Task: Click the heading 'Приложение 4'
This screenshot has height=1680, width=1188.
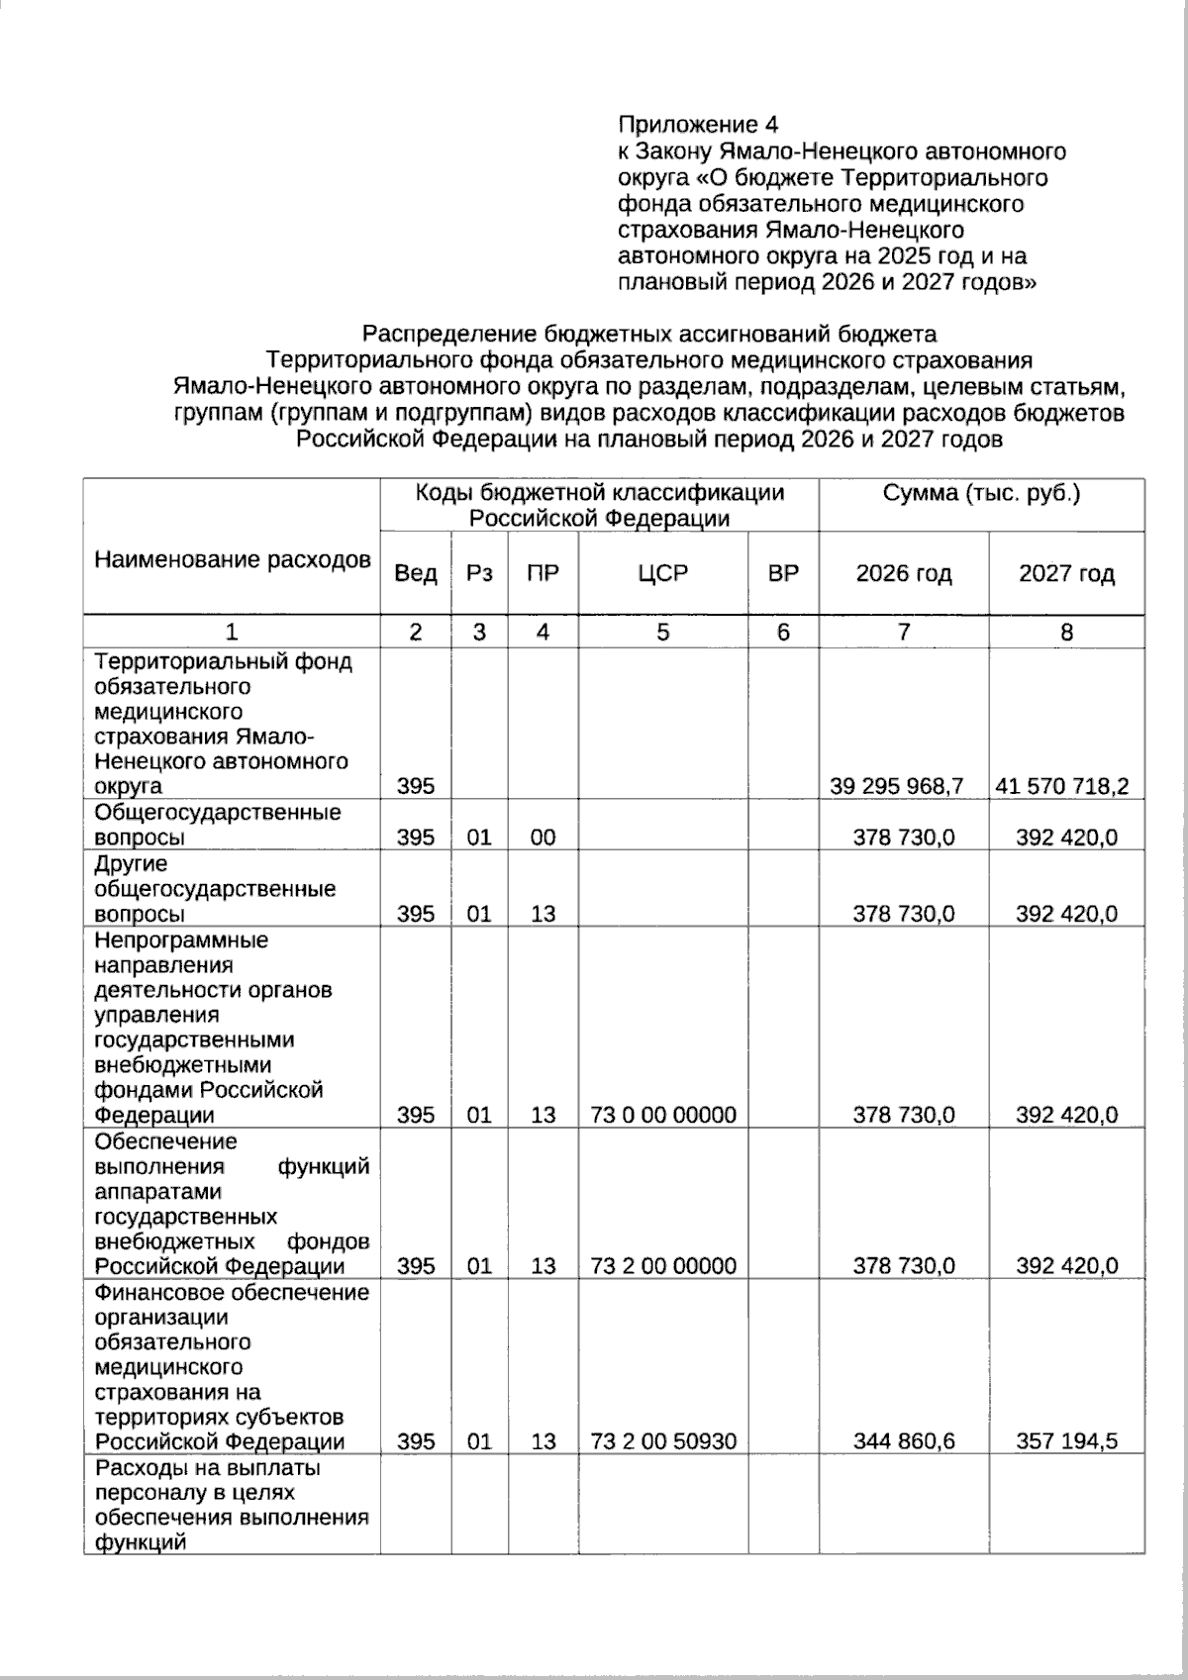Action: coord(697,125)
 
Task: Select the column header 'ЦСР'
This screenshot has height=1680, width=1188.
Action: coord(662,573)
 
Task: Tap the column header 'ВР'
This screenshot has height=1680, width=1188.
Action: coord(782,573)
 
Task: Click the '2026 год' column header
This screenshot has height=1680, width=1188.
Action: coord(903,573)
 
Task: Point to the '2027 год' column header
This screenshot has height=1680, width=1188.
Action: coord(1066,573)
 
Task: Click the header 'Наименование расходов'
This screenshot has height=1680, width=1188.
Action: coord(233,560)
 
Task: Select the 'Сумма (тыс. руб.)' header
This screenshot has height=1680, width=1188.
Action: coord(980,493)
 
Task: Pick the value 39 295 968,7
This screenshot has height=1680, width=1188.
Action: coord(897,786)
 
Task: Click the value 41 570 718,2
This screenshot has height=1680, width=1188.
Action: coord(1061,786)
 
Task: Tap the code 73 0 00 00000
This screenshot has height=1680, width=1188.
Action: coord(662,1115)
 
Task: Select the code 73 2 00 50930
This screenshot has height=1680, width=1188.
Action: coord(662,1441)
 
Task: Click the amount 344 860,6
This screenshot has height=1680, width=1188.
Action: coord(904,1441)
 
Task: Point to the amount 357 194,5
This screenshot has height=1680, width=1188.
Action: coord(1066,1441)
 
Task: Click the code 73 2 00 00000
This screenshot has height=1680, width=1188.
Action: coord(662,1266)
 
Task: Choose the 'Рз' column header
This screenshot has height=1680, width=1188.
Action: coord(479,573)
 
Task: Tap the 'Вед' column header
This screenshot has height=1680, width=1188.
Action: coord(416,573)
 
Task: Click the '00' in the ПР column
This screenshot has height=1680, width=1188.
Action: coord(543,838)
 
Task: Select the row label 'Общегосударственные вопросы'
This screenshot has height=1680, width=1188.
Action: coord(218,825)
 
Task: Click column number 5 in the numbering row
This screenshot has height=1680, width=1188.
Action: coord(662,632)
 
